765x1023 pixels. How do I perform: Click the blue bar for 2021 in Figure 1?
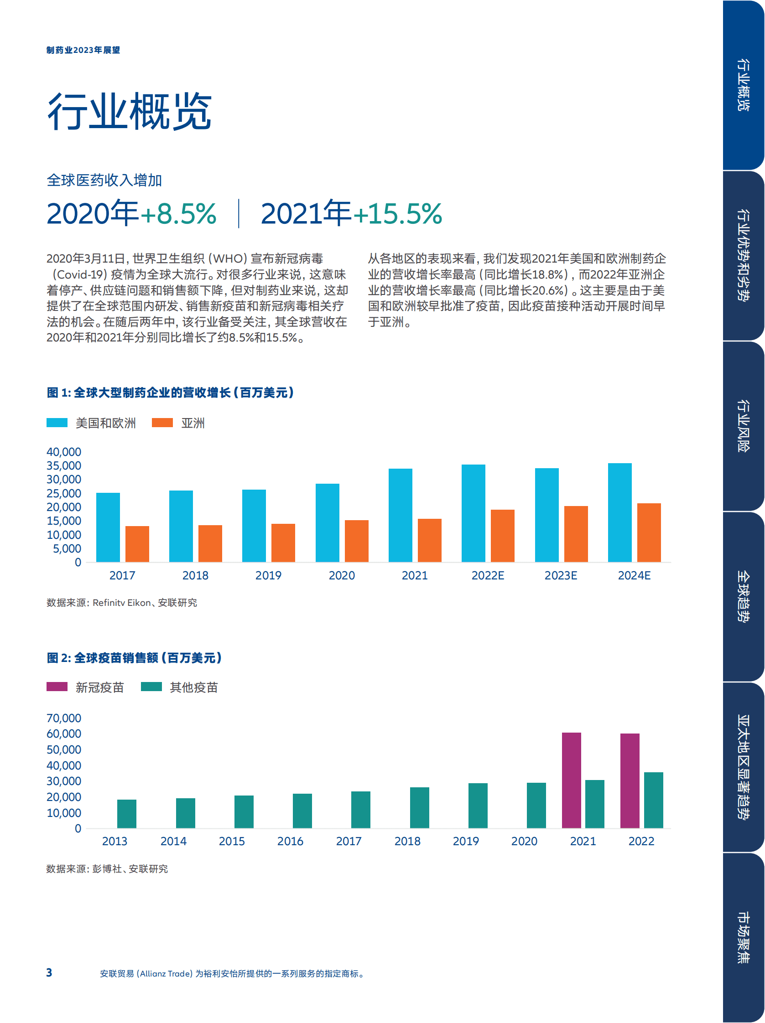pos(401,515)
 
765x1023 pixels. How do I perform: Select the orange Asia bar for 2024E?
pos(649,532)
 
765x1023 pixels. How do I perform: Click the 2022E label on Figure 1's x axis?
pos(487,575)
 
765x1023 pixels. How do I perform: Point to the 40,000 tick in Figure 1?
pos(64,452)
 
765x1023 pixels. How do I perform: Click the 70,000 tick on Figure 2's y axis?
pos(64,718)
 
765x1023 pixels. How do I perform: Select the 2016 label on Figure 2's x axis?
pos(290,841)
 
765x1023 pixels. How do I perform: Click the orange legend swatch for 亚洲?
pos(162,423)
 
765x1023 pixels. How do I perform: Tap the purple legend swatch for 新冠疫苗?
pos(57,687)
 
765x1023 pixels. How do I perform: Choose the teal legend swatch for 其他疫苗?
pos(151,687)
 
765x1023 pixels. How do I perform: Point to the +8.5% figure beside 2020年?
pos(179,214)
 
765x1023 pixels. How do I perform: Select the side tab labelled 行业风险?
pos(743,425)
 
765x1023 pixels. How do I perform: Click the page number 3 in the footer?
pos(49,972)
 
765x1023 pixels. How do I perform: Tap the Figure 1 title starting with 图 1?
pos(170,393)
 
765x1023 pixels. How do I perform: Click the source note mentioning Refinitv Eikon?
pos(122,603)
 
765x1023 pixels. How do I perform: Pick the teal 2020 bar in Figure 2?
pos(536,805)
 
